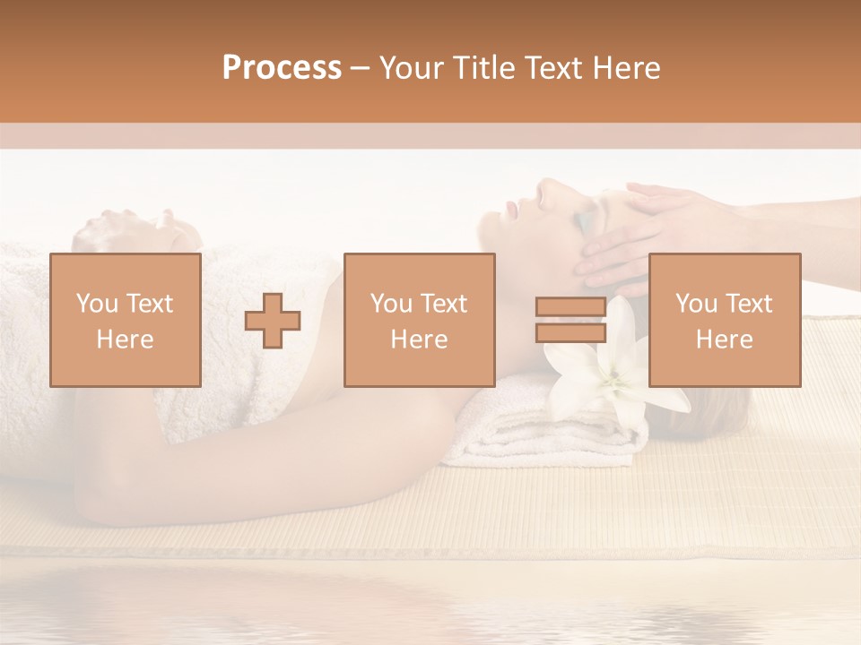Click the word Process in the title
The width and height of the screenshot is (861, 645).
282,68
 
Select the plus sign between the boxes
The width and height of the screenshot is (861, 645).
273,320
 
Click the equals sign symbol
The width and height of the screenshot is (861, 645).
570,320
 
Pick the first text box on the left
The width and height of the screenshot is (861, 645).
126,320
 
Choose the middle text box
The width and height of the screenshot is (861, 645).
420,320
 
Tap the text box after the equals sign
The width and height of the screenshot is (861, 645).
725,320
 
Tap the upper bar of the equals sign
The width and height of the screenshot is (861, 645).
570,307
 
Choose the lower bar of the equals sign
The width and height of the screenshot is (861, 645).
570,332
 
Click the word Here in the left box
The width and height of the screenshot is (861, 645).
126,340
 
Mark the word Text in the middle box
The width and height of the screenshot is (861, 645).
444,304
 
